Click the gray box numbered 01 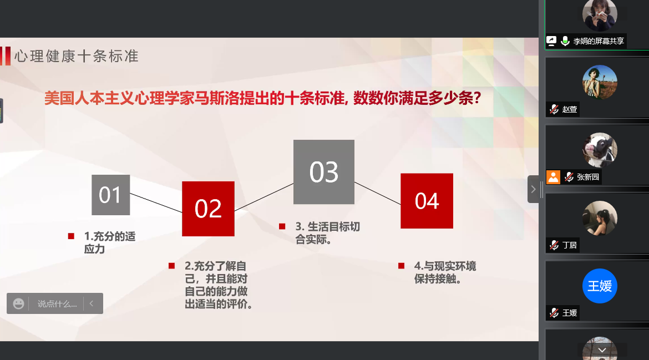(x=110, y=195)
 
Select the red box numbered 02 (x=208, y=209)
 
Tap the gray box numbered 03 (x=324, y=172)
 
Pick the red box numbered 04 (x=427, y=201)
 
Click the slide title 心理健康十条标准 (x=77, y=56)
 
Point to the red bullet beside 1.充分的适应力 (x=71, y=236)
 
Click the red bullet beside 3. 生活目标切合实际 (x=282, y=226)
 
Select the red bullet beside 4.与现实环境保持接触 (x=401, y=266)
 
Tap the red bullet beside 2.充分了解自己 (x=172, y=266)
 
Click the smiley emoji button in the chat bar (x=19, y=304)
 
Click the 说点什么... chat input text (x=57, y=304)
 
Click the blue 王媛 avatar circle (x=600, y=286)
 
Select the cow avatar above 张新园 (x=600, y=149)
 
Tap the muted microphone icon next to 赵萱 (x=554, y=109)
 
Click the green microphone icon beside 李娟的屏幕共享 (x=565, y=41)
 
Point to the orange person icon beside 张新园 (x=553, y=177)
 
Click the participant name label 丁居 (x=570, y=245)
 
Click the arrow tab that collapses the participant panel (x=533, y=189)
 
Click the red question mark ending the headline (x=477, y=98)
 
